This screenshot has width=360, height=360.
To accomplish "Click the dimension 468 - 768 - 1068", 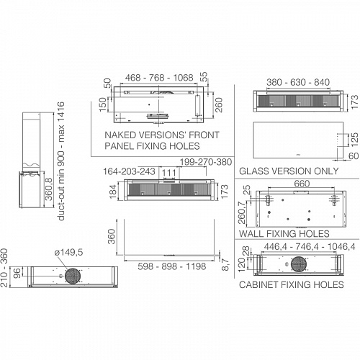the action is pos(159,78).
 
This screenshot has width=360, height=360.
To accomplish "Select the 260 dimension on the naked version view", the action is pos(219,105).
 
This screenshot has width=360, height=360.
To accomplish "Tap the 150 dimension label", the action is pos(103,104).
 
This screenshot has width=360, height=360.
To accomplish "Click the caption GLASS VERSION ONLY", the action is pos(289,171).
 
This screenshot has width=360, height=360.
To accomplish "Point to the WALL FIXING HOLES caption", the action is pos(284,234).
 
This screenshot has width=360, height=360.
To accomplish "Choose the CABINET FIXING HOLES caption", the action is pos(292,284).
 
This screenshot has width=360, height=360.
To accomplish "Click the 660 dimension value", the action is pos(302,184).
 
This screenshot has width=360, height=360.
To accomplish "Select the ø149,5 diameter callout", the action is pos(68,252).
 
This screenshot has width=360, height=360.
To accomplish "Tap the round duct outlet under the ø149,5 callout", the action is pos(72,276).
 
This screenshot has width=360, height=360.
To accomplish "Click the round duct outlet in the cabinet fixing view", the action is pos(299,264).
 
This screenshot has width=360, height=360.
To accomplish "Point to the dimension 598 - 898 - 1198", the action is pos(172,266).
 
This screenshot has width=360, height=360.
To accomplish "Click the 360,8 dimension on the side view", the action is pos(49,189).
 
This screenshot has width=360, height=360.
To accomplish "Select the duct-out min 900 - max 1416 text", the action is pos(61,161).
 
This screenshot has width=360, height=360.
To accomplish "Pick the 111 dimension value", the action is pos(169,173).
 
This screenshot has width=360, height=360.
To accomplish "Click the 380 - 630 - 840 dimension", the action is pos(298,82).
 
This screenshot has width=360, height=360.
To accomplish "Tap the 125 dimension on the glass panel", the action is pos(354,140).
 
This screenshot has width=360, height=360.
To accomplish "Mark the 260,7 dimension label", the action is pos(242,212).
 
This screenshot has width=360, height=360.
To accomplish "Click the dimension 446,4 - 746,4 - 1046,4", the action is pos(310,247).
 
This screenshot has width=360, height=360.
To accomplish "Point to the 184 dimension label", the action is pos(113,192).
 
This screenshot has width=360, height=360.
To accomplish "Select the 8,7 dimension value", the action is pos(225,264).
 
